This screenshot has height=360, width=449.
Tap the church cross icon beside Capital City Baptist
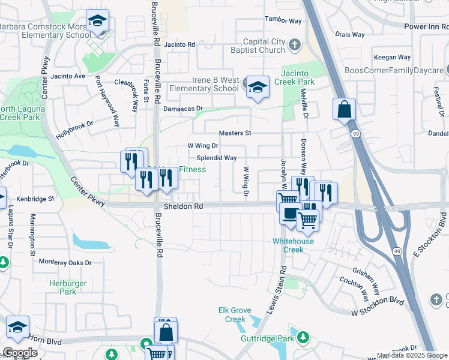point(294,44)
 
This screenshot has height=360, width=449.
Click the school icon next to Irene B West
point(258,88)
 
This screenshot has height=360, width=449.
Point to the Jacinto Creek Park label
point(294,76)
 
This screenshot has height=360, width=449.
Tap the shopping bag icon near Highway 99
point(345,110)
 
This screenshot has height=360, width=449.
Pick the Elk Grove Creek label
point(235,314)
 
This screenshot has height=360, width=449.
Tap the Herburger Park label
point(68,287)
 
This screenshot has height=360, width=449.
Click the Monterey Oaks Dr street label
point(65,263)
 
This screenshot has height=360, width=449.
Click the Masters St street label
point(235,133)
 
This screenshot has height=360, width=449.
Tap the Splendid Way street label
point(217,158)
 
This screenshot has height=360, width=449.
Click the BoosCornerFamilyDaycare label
point(393,70)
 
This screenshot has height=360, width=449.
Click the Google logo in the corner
point(20,353)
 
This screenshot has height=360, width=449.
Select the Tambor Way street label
point(283,20)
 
